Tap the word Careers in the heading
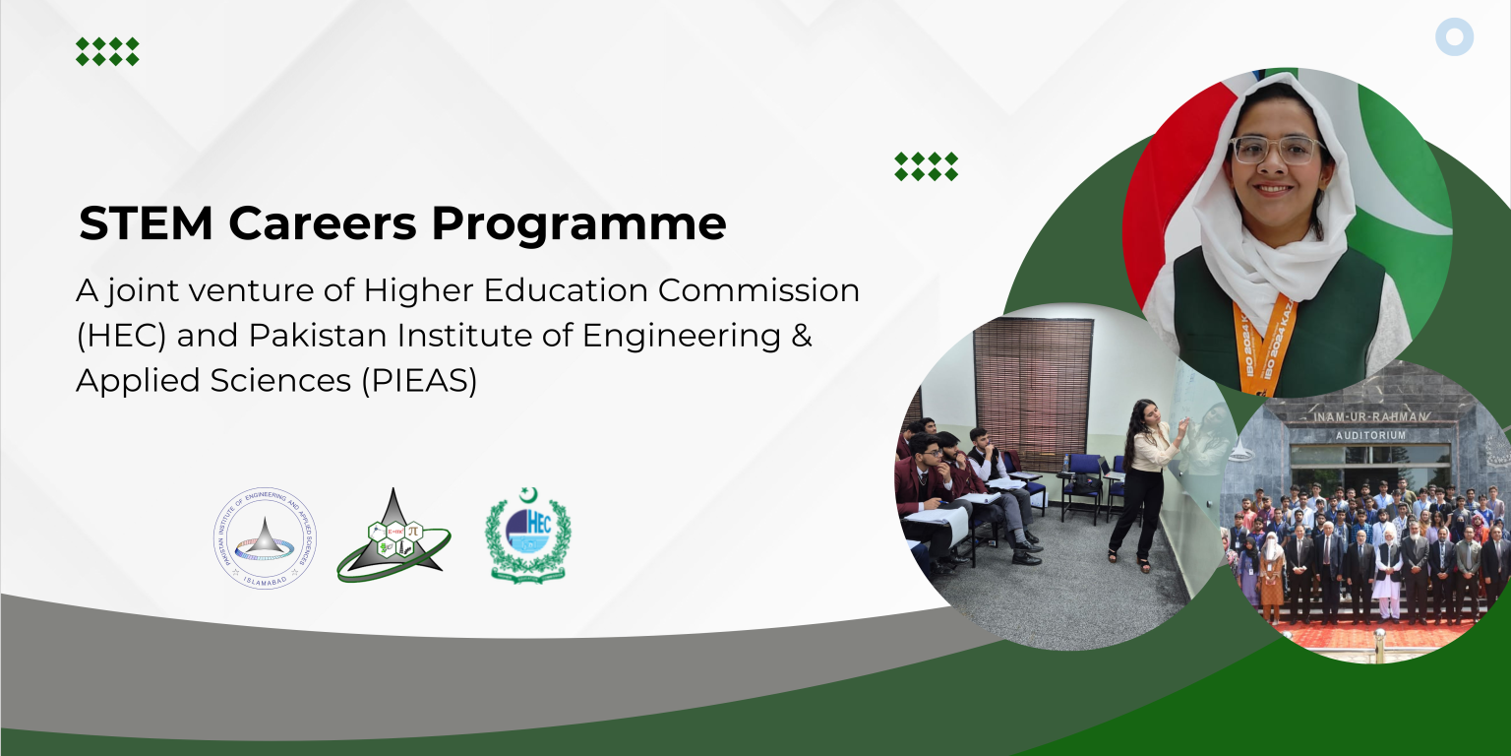coord(329,224)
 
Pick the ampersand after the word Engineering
coord(801,336)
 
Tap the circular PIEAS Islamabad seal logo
coord(266,539)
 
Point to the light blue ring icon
coord(1454,37)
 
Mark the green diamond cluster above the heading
coord(107,51)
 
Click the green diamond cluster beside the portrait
coord(926,166)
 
